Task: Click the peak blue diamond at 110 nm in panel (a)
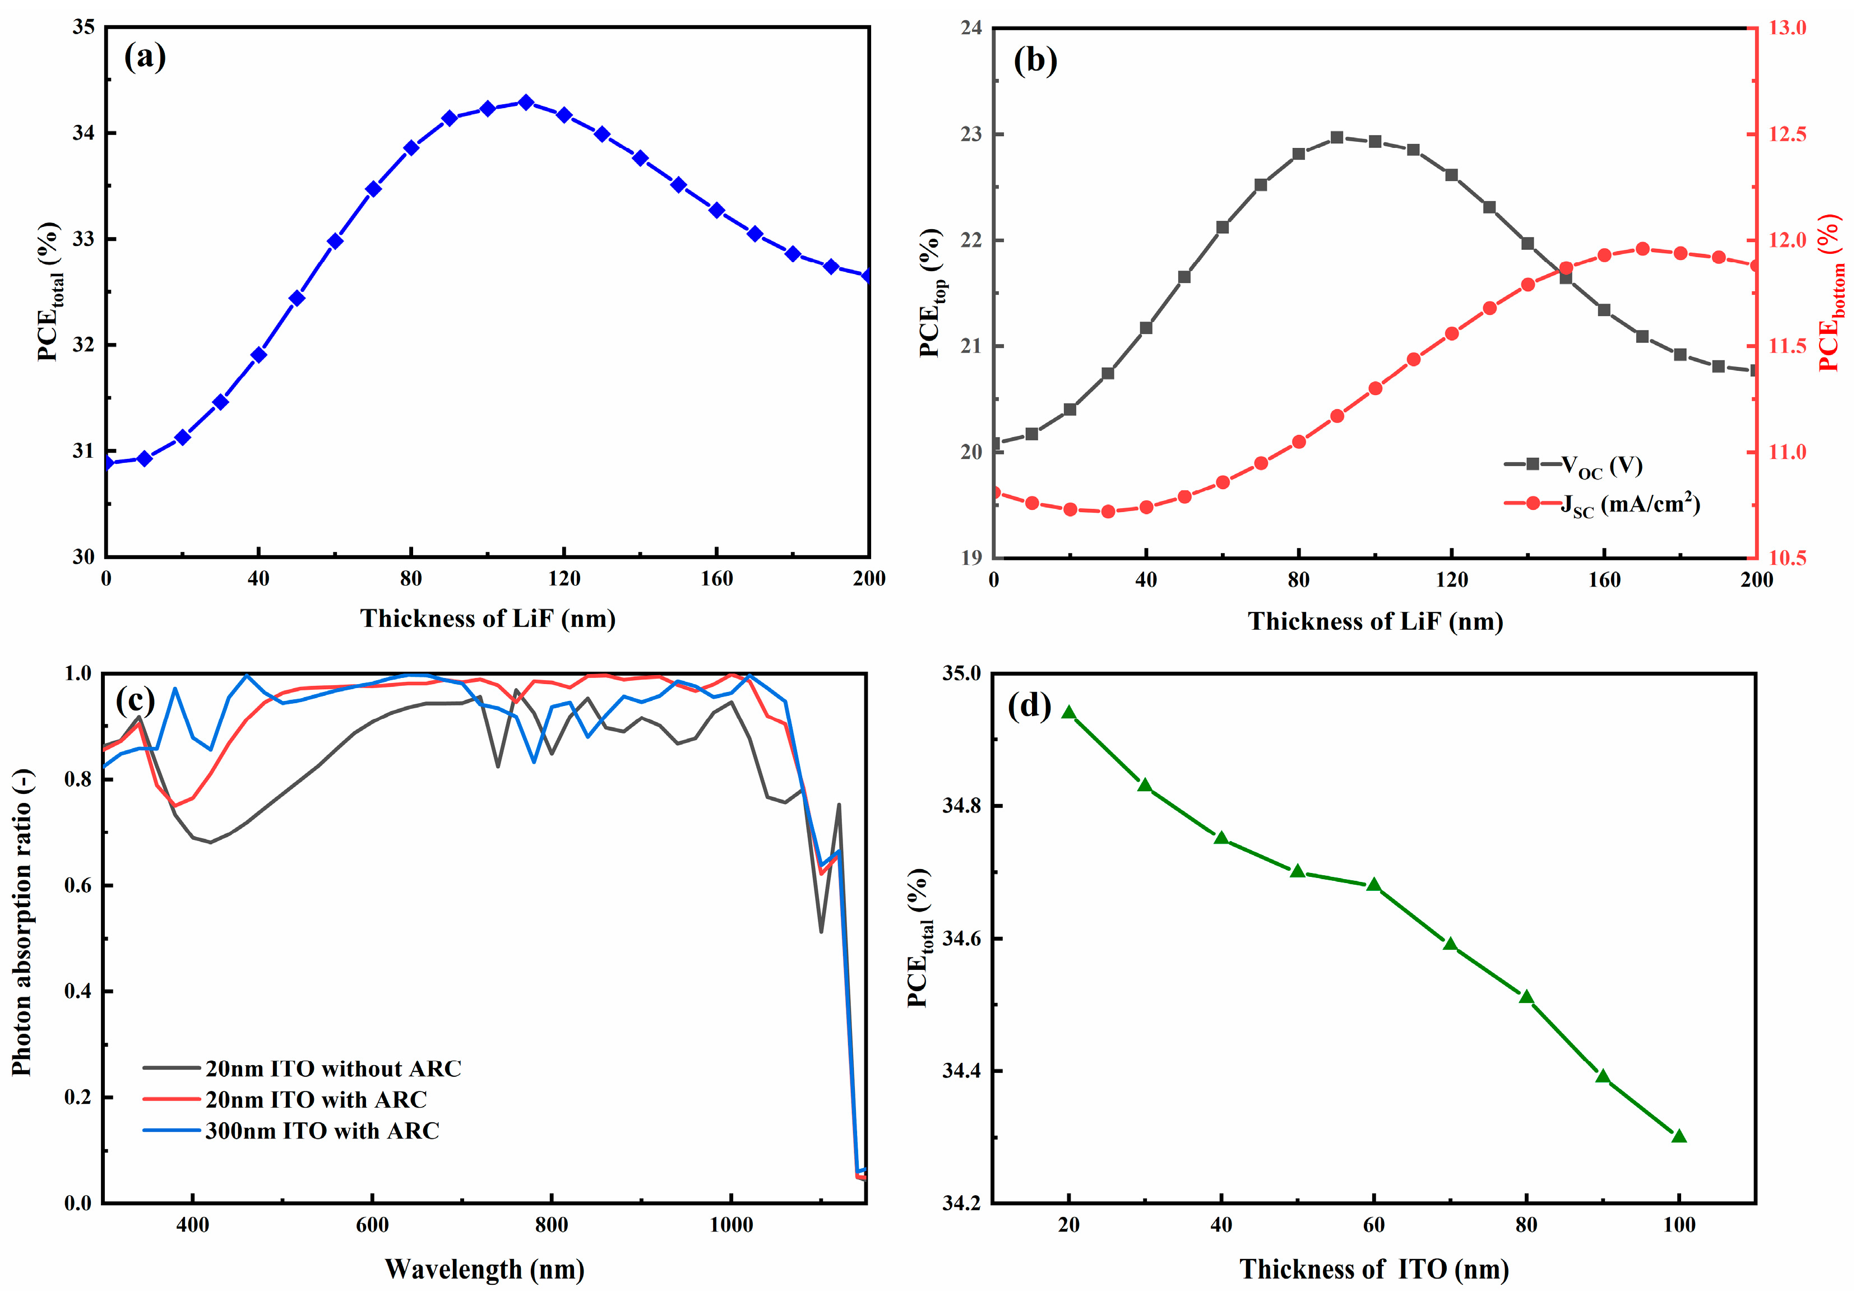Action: pyautogui.click(x=525, y=103)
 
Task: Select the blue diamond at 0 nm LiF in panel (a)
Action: pyautogui.click(x=107, y=463)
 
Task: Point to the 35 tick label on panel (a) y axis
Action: pyautogui.click(x=84, y=27)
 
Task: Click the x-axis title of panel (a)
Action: pyautogui.click(x=488, y=619)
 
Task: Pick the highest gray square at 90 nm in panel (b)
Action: pyautogui.click(x=1337, y=137)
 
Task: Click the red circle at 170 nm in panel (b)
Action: pyautogui.click(x=1642, y=249)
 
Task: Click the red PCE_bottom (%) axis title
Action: pyautogui.click(x=1832, y=292)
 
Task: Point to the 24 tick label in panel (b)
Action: pyautogui.click(x=971, y=28)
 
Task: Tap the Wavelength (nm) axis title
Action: pyautogui.click(x=484, y=1269)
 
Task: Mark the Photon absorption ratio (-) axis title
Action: pyautogui.click(x=22, y=921)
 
